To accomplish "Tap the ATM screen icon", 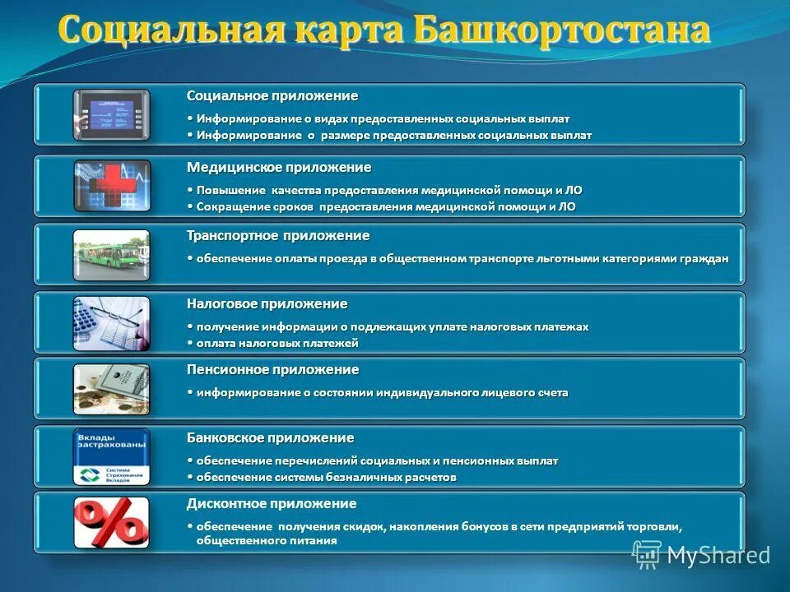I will tap(111, 114).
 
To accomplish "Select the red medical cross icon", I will tap(111, 185).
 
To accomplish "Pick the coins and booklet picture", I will tap(111, 389).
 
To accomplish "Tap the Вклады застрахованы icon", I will tap(111, 456).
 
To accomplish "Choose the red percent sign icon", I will tap(111, 522).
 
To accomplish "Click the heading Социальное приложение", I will tap(272, 97).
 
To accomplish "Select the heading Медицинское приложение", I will tap(279, 168).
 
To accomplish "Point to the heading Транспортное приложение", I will tap(278, 236).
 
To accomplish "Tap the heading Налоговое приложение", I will tap(267, 304).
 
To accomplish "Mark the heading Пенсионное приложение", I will tap(273, 370).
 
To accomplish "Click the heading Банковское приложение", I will tap(271, 437).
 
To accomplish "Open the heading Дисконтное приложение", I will tap(272, 504).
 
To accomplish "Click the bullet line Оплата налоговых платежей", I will tap(276, 343).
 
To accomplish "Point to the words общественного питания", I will tap(267, 541).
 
